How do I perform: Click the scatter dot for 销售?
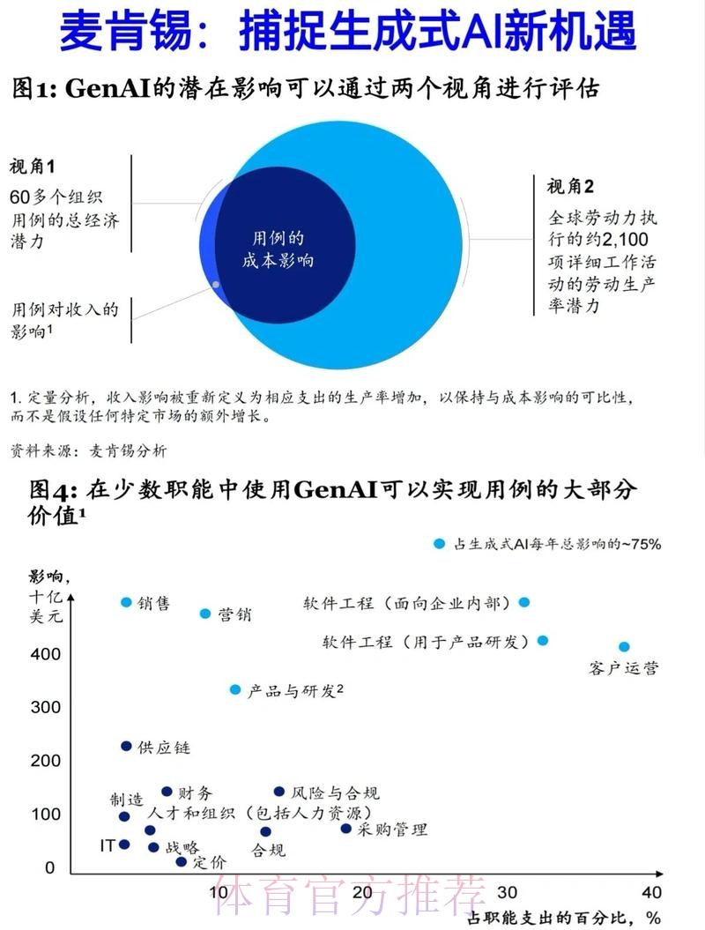[x=126, y=602]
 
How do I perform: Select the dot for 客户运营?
[x=624, y=647]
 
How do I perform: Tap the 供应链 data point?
[x=126, y=746]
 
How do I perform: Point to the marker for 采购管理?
[x=346, y=828]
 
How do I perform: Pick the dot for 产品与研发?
[x=235, y=689]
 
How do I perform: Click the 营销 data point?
[x=205, y=614]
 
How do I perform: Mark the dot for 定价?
[x=182, y=861]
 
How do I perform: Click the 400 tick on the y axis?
[x=46, y=654]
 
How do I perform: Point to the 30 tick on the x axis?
[x=507, y=892]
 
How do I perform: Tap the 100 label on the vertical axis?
[x=46, y=815]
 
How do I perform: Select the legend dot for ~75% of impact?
[x=440, y=544]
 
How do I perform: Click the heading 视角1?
[x=33, y=167]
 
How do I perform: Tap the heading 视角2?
[x=570, y=187]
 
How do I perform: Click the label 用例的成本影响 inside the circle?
[x=278, y=249]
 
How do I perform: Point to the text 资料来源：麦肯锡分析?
[x=88, y=451]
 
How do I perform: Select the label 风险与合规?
[x=335, y=793]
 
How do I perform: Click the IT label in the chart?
[x=107, y=845]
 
